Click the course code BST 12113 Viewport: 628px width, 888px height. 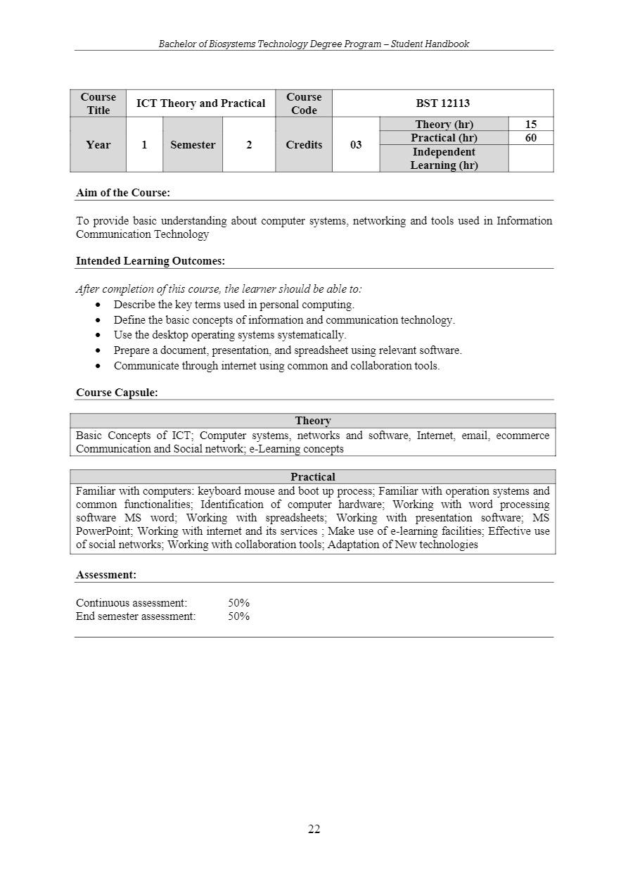(x=442, y=103)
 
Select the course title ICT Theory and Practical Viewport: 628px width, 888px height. (x=200, y=103)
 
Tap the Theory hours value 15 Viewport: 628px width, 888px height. (x=531, y=125)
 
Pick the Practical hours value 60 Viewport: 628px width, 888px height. (x=531, y=138)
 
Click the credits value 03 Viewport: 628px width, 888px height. (x=356, y=145)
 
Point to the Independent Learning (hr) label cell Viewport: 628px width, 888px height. (x=444, y=158)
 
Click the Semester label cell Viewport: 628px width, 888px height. (x=193, y=145)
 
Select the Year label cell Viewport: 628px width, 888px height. (x=98, y=145)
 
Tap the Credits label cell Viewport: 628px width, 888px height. (x=304, y=145)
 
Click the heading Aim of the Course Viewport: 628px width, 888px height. (x=123, y=193)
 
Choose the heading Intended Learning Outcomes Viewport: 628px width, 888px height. (x=150, y=261)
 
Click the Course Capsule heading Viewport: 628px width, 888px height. (x=117, y=393)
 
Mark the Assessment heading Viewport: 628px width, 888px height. (x=106, y=575)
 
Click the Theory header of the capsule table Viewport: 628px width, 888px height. (x=313, y=421)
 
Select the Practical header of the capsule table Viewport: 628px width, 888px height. (x=313, y=477)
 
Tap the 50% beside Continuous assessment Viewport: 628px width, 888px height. (x=239, y=603)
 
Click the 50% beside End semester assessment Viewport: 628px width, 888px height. (x=239, y=616)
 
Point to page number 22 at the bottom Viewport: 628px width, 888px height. (x=314, y=830)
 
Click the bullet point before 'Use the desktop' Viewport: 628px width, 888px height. (x=98, y=335)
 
